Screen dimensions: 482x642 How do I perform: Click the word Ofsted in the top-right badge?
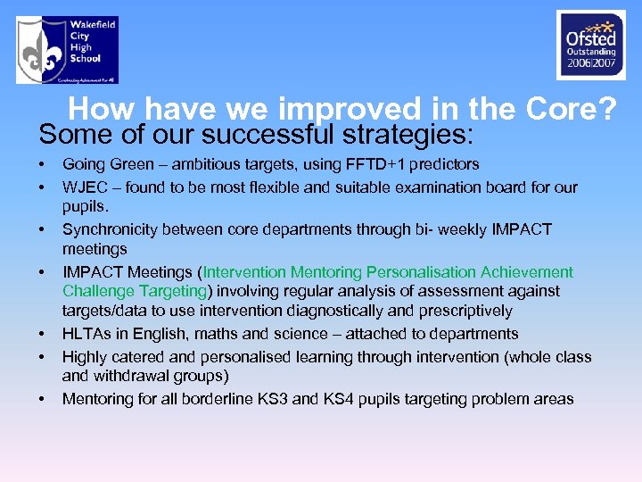[x=590, y=39]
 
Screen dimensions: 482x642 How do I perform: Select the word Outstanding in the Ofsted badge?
[x=590, y=52]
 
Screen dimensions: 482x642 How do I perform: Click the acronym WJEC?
[x=84, y=187]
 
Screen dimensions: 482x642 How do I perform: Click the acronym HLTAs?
[x=86, y=334]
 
